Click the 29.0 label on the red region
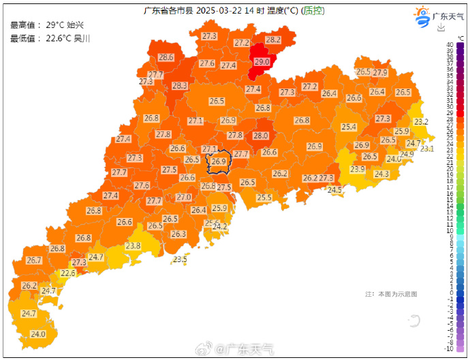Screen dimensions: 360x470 [262, 62]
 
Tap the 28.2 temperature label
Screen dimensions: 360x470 [272, 40]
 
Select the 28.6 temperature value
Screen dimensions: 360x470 [166, 58]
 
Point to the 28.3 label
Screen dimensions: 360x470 [179, 86]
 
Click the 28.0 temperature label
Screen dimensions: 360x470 [260, 136]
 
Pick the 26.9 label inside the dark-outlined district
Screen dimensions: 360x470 [218, 162]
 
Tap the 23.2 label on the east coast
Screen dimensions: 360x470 [421, 122]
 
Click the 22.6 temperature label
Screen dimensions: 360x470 [68, 274]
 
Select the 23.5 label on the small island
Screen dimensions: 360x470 [180, 259]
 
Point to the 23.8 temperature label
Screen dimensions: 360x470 [133, 246]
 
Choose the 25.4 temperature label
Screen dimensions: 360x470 [349, 127]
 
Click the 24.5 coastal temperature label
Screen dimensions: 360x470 [334, 191]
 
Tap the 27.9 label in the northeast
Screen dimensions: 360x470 [379, 73]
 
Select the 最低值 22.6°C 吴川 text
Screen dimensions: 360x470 [50, 38]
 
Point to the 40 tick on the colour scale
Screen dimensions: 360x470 [450, 44]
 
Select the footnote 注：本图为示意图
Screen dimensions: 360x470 [390, 294]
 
